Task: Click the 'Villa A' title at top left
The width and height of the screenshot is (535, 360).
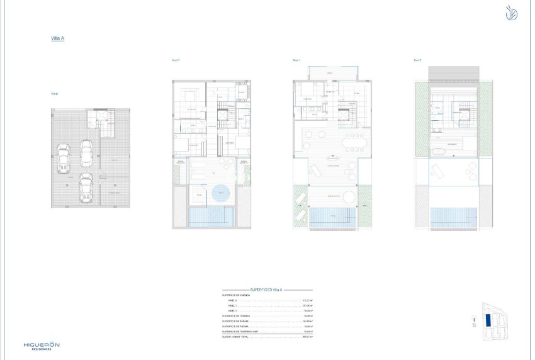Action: [x=57, y=38]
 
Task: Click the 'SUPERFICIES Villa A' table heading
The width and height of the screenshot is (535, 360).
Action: [x=267, y=290]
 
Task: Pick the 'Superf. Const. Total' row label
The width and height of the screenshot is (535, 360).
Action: [x=236, y=337]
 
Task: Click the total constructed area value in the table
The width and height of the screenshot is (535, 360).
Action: [x=308, y=337]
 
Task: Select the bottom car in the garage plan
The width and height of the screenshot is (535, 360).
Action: [x=86, y=188]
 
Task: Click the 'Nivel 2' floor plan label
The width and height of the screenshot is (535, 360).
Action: [x=417, y=60]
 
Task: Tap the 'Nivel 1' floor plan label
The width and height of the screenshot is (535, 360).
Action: [x=296, y=60]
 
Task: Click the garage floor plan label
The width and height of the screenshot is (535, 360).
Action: [x=55, y=94]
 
